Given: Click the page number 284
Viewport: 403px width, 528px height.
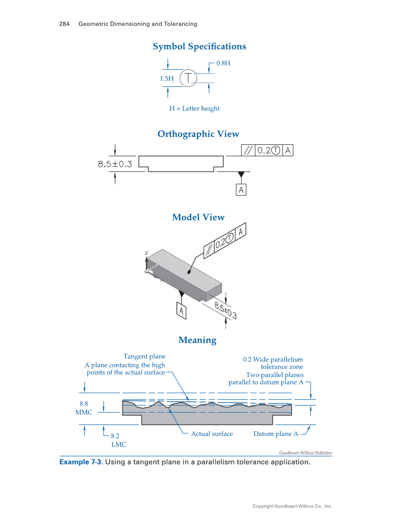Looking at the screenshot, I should [x=65, y=24].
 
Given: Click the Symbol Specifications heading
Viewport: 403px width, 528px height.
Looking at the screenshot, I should [x=199, y=47].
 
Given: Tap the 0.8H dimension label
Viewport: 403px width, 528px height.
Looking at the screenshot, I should [x=223, y=63].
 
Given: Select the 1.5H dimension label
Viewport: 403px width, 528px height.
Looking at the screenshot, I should [x=167, y=78].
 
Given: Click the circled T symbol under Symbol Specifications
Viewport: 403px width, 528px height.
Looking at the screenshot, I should [x=188, y=78].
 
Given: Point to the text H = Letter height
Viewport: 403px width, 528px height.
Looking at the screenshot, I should [x=195, y=109].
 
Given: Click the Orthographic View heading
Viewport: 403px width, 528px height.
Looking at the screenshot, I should [x=198, y=134].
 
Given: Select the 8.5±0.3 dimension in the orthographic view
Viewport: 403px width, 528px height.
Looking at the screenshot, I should [x=115, y=164].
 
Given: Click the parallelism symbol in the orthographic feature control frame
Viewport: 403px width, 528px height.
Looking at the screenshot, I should [x=248, y=151].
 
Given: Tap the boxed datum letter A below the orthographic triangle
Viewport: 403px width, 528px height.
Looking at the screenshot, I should [x=241, y=190].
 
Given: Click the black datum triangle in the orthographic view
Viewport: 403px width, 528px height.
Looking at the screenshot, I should [x=241, y=175].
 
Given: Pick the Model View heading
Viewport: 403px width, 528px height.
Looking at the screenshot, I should [x=198, y=217].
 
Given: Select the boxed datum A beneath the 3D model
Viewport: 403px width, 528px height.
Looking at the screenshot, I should [x=181, y=311].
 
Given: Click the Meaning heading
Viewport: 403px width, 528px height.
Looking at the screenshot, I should [x=197, y=340].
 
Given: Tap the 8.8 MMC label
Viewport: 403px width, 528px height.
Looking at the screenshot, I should [x=84, y=408].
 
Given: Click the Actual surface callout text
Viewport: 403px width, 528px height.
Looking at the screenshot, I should [x=212, y=434].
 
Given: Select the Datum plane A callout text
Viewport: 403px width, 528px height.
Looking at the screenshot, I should [x=276, y=434].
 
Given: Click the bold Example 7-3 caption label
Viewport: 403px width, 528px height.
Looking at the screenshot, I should [x=80, y=462].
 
